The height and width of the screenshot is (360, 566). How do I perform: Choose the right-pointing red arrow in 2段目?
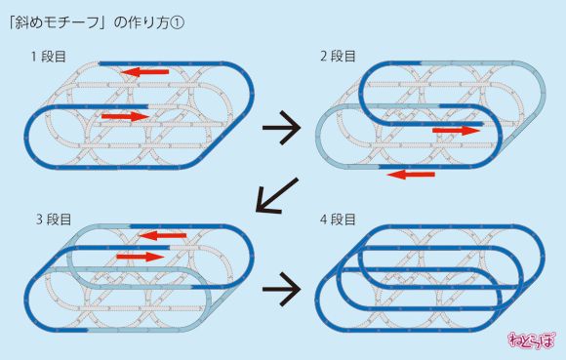coord(457,129)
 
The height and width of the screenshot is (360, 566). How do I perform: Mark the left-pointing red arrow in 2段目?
coord(411,175)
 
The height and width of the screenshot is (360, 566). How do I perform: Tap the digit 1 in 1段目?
coord(34,57)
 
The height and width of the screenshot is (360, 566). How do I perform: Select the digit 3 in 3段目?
coord(34,219)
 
